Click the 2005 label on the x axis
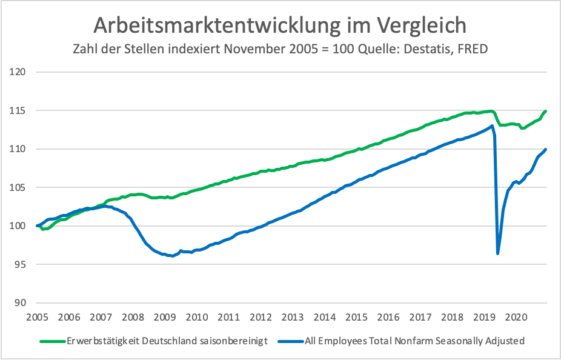point(37,317)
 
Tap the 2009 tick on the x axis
point(165,317)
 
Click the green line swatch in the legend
point(54,341)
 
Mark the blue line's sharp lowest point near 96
point(498,253)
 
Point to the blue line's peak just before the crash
point(491,126)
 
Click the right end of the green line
point(546,111)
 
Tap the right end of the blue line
point(546,149)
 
